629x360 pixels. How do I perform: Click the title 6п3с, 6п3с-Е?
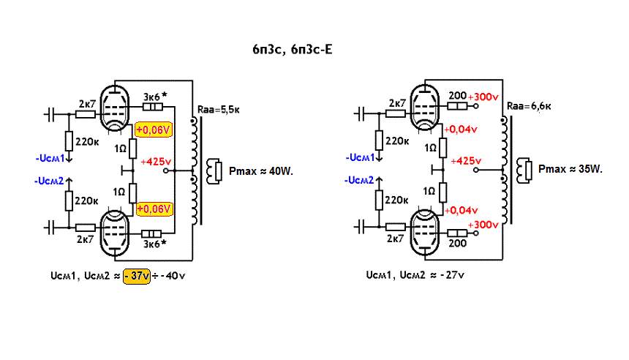tap(291, 49)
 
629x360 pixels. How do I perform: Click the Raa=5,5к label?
tap(216, 110)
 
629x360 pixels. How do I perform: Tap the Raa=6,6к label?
tap(527, 106)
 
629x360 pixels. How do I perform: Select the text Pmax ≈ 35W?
tap(570, 169)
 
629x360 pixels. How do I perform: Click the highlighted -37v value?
tap(137, 277)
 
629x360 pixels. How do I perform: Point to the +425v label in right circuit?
tap(467, 160)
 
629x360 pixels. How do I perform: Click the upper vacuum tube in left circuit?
tap(113, 110)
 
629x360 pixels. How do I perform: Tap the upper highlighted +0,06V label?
tap(154, 130)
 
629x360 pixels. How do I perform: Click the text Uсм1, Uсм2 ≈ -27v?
tap(415, 277)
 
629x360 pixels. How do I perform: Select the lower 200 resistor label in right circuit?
tap(458, 242)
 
